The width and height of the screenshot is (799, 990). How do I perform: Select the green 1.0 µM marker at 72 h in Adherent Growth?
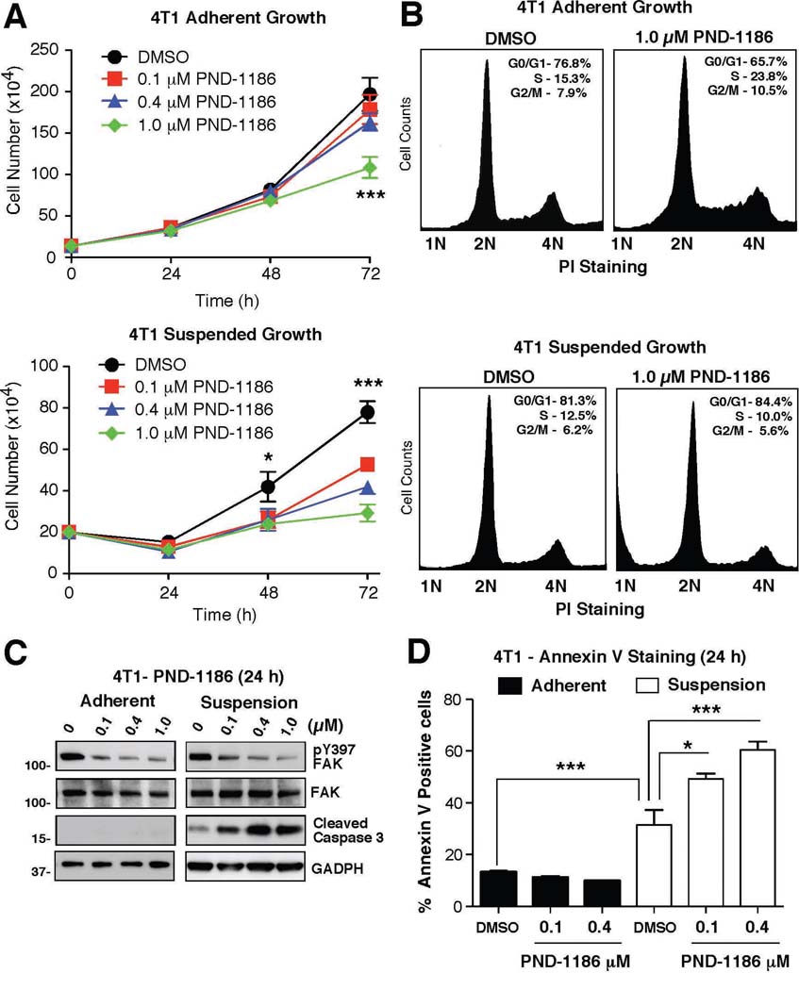pyautogui.click(x=370, y=169)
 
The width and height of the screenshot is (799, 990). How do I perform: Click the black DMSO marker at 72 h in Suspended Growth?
pyautogui.click(x=370, y=412)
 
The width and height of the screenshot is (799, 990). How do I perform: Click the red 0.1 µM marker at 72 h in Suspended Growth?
pyautogui.click(x=370, y=465)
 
